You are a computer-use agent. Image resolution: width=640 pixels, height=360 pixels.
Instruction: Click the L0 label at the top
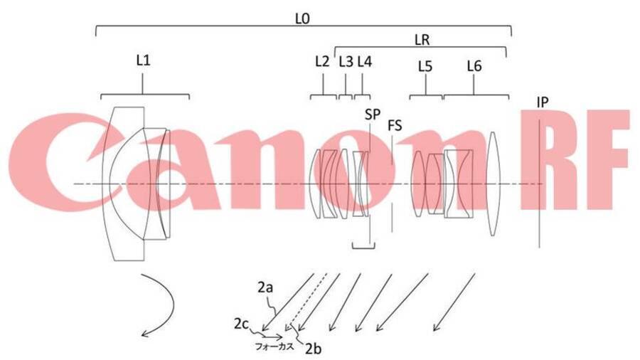pyautogui.click(x=302, y=18)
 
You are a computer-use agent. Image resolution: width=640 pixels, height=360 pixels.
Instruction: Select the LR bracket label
pyautogui.click(x=422, y=40)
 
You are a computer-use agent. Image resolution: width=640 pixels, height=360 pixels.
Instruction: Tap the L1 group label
pyautogui.click(x=143, y=60)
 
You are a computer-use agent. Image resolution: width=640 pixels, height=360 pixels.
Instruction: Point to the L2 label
pyautogui.click(x=322, y=61)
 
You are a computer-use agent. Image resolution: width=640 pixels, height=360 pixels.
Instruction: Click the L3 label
pyautogui.click(x=346, y=61)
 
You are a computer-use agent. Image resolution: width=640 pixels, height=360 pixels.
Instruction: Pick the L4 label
pyautogui.click(x=365, y=61)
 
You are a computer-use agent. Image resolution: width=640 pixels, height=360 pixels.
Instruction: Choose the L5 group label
pyautogui.click(x=425, y=65)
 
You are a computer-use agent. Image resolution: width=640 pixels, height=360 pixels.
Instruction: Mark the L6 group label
pyautogui.click(x=474, y=65)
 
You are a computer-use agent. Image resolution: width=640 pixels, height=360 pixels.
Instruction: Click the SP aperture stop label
pyautogui.click(x=372, y=115)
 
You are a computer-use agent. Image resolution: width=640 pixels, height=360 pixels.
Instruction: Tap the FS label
pyautogui.click(x=395, y=126)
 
